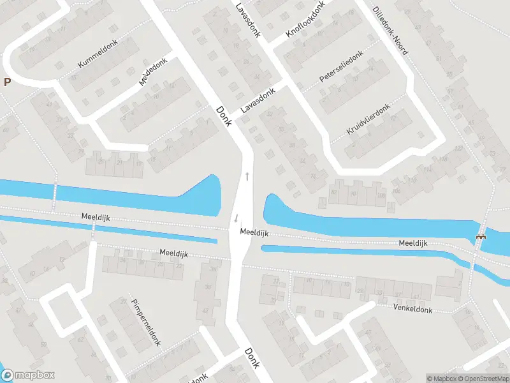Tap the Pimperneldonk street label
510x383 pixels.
(145, 322)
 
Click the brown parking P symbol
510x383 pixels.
(7, 82)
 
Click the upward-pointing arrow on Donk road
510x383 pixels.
(246, 176)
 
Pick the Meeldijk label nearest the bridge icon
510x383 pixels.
(412, 243)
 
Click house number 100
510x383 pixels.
(381, 195)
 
